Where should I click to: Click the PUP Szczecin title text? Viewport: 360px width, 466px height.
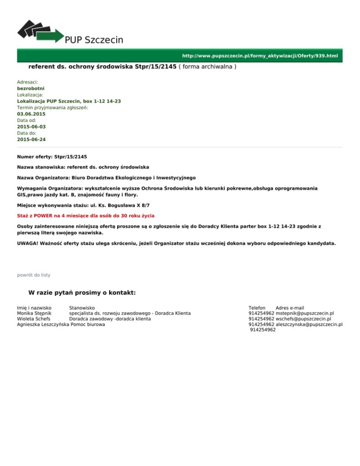tap(94, 40)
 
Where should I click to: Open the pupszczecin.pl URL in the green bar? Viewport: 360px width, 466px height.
tap(260, 56)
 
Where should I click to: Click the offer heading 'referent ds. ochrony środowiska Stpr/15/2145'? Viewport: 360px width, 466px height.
tap(102, 67)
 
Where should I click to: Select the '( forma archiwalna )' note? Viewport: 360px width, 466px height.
tap(207, 67)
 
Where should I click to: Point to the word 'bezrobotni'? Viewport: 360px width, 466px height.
tap(31, 88)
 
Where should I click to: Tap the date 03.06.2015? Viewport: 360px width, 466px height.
tap(31, 114)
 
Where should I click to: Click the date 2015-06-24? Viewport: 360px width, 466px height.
tap(31, 140)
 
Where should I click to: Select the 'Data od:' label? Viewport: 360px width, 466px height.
tap(27, 120)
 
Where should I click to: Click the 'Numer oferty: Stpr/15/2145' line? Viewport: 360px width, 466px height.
tap(52, 156)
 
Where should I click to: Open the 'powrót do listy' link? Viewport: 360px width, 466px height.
tap(33, 275)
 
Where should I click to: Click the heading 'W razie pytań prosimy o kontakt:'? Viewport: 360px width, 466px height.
tap(82, 293)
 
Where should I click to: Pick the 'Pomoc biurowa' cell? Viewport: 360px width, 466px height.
tap(87, 324)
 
